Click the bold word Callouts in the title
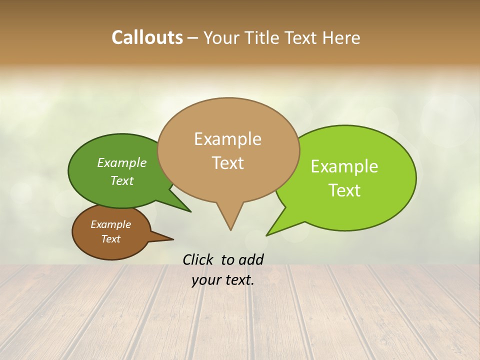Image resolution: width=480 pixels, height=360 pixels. pos(147,37)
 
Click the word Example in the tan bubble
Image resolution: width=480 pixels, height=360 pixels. pos(227,139)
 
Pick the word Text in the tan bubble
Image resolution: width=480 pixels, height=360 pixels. pos(227,163)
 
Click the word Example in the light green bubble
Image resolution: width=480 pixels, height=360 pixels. pos(344,166)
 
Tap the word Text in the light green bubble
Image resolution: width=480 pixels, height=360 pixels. pos(344,190)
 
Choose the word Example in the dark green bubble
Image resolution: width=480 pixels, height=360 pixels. pos(122,163)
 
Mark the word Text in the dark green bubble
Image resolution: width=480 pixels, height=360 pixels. pos(122,180)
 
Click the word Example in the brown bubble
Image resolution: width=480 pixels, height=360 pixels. pos(110,224)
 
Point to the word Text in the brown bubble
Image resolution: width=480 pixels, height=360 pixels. pos(110,239)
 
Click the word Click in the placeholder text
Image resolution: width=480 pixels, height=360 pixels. pos(198,259)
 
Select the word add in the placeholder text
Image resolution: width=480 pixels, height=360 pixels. pos(251,259)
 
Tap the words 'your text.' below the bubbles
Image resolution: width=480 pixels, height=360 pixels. pos(223,280)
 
